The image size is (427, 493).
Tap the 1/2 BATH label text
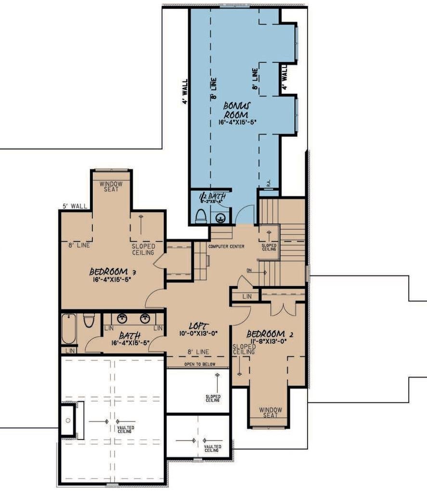point(209,196)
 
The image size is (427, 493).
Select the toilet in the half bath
point(201,217)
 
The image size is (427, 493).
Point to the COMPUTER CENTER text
point(226,246)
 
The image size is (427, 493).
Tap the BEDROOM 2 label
point(270,334)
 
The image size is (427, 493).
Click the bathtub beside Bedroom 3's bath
point(68,329)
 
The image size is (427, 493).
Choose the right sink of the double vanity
point(144,318)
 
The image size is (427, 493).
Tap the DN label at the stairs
point(249,270)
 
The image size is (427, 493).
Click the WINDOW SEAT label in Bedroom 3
point(111,187)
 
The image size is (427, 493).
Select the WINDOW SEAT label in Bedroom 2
point(271,413)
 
